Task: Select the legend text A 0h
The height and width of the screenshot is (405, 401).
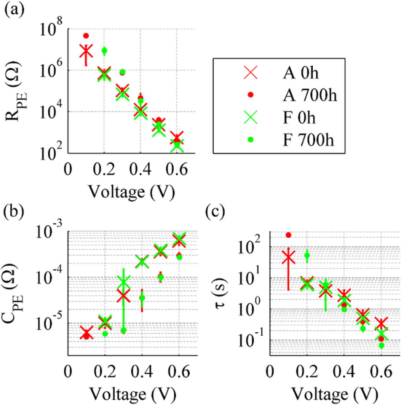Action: (x=300, y=73)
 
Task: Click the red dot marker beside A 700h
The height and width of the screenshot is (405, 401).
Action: (x=250, y=95)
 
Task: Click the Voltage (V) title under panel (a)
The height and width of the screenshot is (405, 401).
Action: (x=131, y=191)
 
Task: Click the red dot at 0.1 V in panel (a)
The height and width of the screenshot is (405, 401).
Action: (x=86, y=35)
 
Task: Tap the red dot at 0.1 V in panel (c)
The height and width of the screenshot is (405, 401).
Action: (x=288, y=235)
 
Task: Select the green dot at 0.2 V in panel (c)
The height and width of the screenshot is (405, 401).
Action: (x=307, y=255)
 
